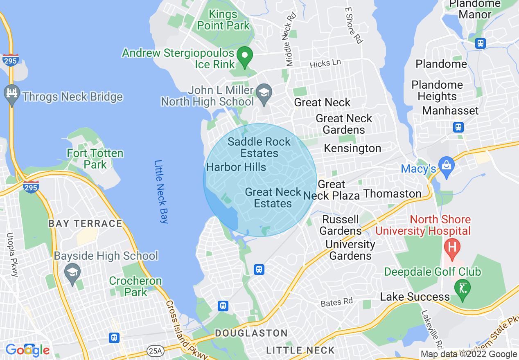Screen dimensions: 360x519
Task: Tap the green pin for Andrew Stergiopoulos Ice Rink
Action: [245, 58]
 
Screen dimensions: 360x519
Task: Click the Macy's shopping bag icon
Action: [446, 166]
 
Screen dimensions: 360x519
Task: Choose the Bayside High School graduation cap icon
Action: [72, 273]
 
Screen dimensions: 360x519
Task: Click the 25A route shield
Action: [155, 351]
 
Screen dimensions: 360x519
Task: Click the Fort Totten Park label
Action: [95, 159]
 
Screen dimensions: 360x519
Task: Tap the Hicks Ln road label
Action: [325, 63]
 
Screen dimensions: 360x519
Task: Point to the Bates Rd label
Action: [336, 302]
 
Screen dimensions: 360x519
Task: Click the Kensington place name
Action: [352, 148]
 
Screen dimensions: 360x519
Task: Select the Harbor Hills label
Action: [236, 167]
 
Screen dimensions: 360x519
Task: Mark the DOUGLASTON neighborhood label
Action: [251, 333]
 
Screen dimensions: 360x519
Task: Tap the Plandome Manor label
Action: [475, 9]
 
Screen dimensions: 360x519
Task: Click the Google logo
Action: [28, 350]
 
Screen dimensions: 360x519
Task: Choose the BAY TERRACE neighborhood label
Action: [85, 223]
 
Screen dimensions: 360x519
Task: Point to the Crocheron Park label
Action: [135, 286]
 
